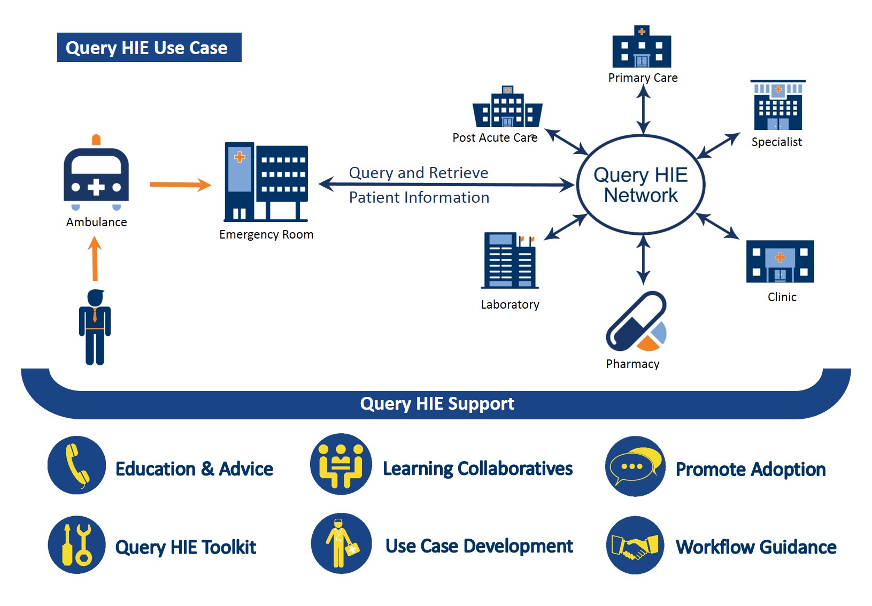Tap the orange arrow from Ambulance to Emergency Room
(180, 185)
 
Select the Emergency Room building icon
(266, 182)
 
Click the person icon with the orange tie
(95, 327)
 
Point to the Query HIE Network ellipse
(641, 185)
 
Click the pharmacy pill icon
(636, 322)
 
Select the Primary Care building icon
(642, 48)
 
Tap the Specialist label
(776, 142)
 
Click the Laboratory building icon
(509, 260)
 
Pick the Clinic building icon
(780, 262)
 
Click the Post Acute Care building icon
(507, 107)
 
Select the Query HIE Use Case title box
(149, 48)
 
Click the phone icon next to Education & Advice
(76, 465)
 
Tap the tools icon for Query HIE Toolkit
(76, 544)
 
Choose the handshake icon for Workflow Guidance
(635, 546)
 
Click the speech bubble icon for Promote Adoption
(635, 466)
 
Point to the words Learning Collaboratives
(477, 469)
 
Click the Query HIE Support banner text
(437, 403)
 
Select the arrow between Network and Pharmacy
(644, 260)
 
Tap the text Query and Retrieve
(419, 173)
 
